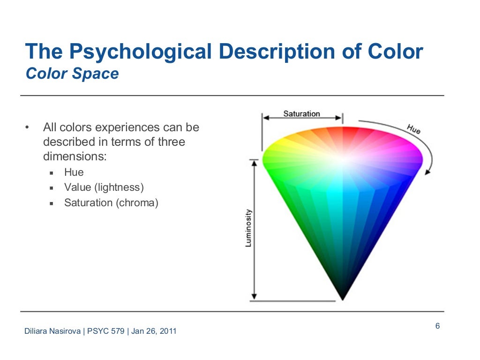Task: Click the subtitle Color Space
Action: tap(72, 74)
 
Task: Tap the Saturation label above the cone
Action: tap(301, 113)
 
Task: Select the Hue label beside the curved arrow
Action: tap(413, 129)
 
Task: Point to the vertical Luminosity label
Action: tap(248, 228)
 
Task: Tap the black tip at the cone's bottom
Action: tap(343, 296)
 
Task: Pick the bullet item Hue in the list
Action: tap(74, 172)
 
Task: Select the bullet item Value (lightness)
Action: tap(104, 187)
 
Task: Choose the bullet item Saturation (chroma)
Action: tap(112, 203)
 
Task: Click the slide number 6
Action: tap(437, 326)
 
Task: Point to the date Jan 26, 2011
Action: tap(154, 331)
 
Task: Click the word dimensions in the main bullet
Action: tap(75, 157)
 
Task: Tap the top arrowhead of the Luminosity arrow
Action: tap(254, 162)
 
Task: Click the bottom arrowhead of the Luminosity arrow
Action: tap(254, 296)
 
